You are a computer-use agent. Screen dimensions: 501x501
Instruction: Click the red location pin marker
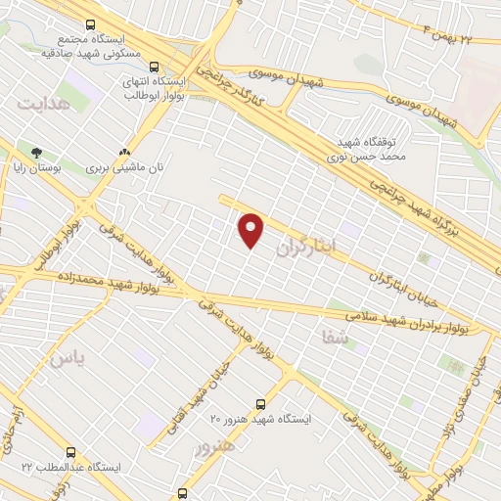click(x=252, y=230)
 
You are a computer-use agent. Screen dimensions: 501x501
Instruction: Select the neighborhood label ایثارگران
click(x=305, y=248)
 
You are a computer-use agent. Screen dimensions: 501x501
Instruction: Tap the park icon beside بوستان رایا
click(x=37, y=153)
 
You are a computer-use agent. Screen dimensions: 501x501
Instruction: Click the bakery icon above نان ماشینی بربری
click(x=124, y=153)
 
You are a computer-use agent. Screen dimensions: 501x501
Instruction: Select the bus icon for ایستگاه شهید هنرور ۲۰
click(x=260, y=403)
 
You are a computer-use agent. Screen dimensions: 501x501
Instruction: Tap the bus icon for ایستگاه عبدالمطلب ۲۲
click(x=70, y=452)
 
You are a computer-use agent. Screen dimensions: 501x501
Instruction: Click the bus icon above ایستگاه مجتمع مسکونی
click(x=91, y=24)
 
